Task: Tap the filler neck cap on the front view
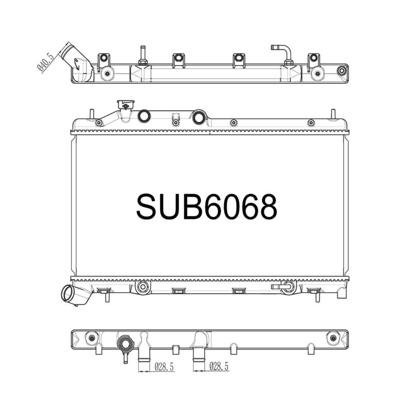click(124, 104)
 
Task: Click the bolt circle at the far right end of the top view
click(341, 71)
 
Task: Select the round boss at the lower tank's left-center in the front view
click(143, 287)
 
